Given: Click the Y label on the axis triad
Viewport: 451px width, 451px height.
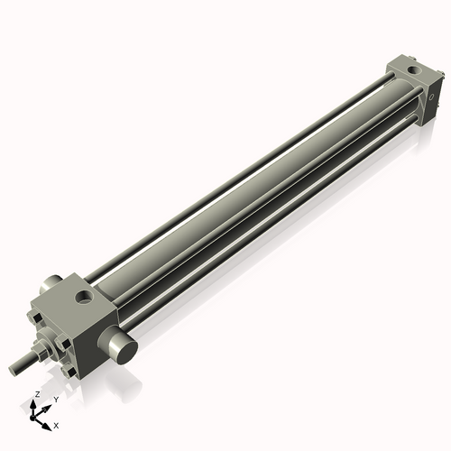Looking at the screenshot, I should coord(55,399).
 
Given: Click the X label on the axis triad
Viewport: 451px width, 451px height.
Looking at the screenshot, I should coord(57,424).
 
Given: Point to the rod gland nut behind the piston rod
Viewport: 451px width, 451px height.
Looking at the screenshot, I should coord(41,349).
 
